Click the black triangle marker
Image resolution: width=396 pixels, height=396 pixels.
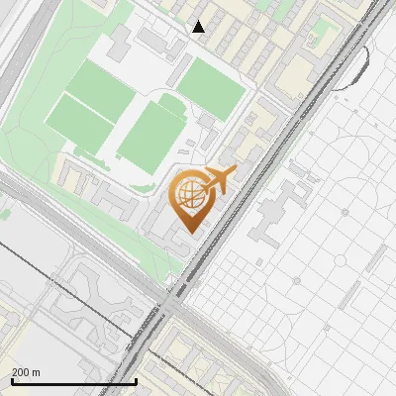coord(199,27)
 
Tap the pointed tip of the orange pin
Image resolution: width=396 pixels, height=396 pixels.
coord(189,231)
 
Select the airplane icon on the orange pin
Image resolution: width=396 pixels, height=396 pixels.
coord(218,179)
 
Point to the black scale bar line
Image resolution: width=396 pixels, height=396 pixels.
coord(73,381)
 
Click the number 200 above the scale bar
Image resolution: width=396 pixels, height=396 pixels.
coord(20,372)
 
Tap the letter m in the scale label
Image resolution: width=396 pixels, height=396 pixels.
coord(36,372)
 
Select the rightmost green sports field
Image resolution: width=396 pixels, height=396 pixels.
coord(211,85)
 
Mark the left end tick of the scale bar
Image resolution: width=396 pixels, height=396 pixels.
coord(12,380)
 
